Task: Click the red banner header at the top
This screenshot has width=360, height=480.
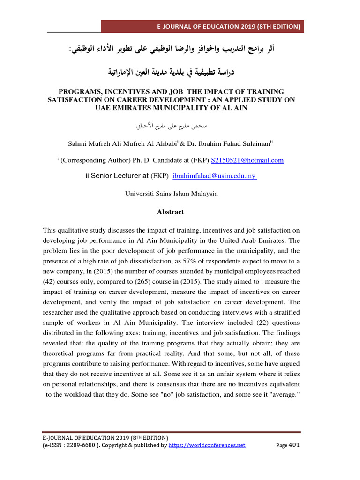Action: coord(202,26)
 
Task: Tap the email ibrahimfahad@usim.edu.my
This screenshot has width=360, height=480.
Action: coord(214,176)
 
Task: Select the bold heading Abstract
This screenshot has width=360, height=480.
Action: coord(171,212)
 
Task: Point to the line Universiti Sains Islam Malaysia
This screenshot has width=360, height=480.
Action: coord(171,193)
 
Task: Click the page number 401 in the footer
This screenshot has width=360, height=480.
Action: coord(294,445)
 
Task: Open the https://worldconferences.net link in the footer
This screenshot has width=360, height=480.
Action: coord(207,445)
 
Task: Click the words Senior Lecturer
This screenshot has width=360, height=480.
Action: coord(116,176)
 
